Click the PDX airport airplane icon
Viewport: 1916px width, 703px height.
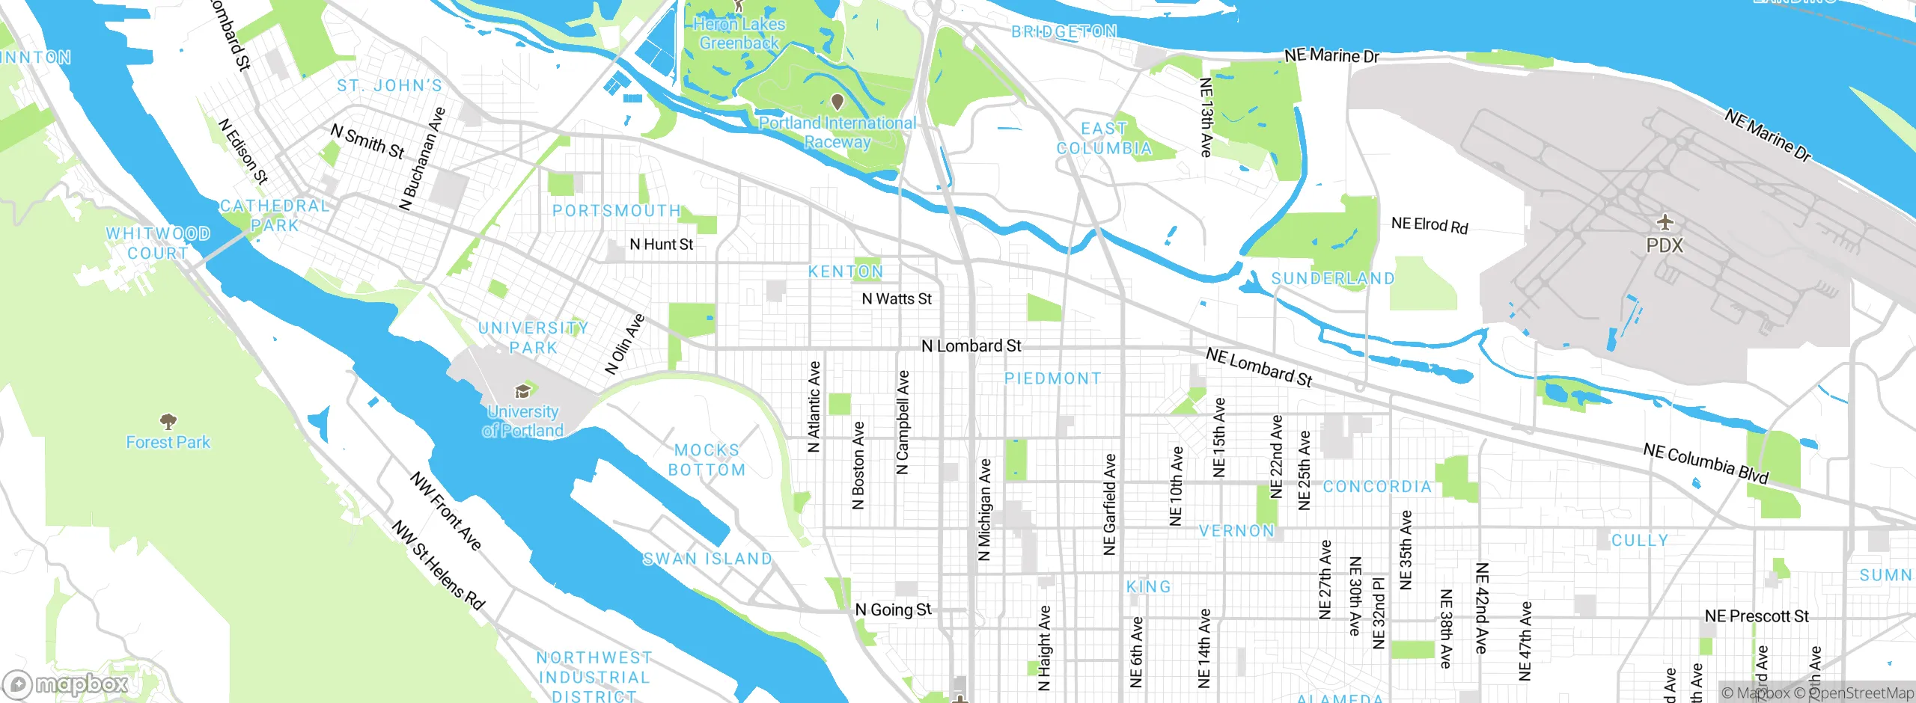coord(1665,222)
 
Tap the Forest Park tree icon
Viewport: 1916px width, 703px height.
coord(168,420)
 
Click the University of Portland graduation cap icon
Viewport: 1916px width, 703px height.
coord(522,391)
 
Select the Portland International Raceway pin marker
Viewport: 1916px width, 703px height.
coord(838,101)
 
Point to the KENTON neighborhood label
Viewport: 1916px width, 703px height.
coord(845,271)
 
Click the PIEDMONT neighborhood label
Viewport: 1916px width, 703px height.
coord(1052,378)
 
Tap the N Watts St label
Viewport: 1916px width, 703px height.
coord(896,299)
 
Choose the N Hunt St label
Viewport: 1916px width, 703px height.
coord(661,245)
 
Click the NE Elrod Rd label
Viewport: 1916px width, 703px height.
coord(1429,225)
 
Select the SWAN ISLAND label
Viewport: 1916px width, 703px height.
coord(707,559)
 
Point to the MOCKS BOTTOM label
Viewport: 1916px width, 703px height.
coord(707,460)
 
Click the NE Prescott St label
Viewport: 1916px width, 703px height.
coord(1756,616)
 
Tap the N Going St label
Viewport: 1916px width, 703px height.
coord(893,610)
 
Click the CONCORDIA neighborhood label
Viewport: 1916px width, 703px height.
coord(1376,487)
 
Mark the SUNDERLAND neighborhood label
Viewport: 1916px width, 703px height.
coord(1332,279)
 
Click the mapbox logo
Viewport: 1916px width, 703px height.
coord(66,684)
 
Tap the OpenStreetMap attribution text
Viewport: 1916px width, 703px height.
coord(1861,693)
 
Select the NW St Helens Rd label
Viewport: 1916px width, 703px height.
coord(439,565)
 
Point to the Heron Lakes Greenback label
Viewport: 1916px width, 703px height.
coord(739,34)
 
